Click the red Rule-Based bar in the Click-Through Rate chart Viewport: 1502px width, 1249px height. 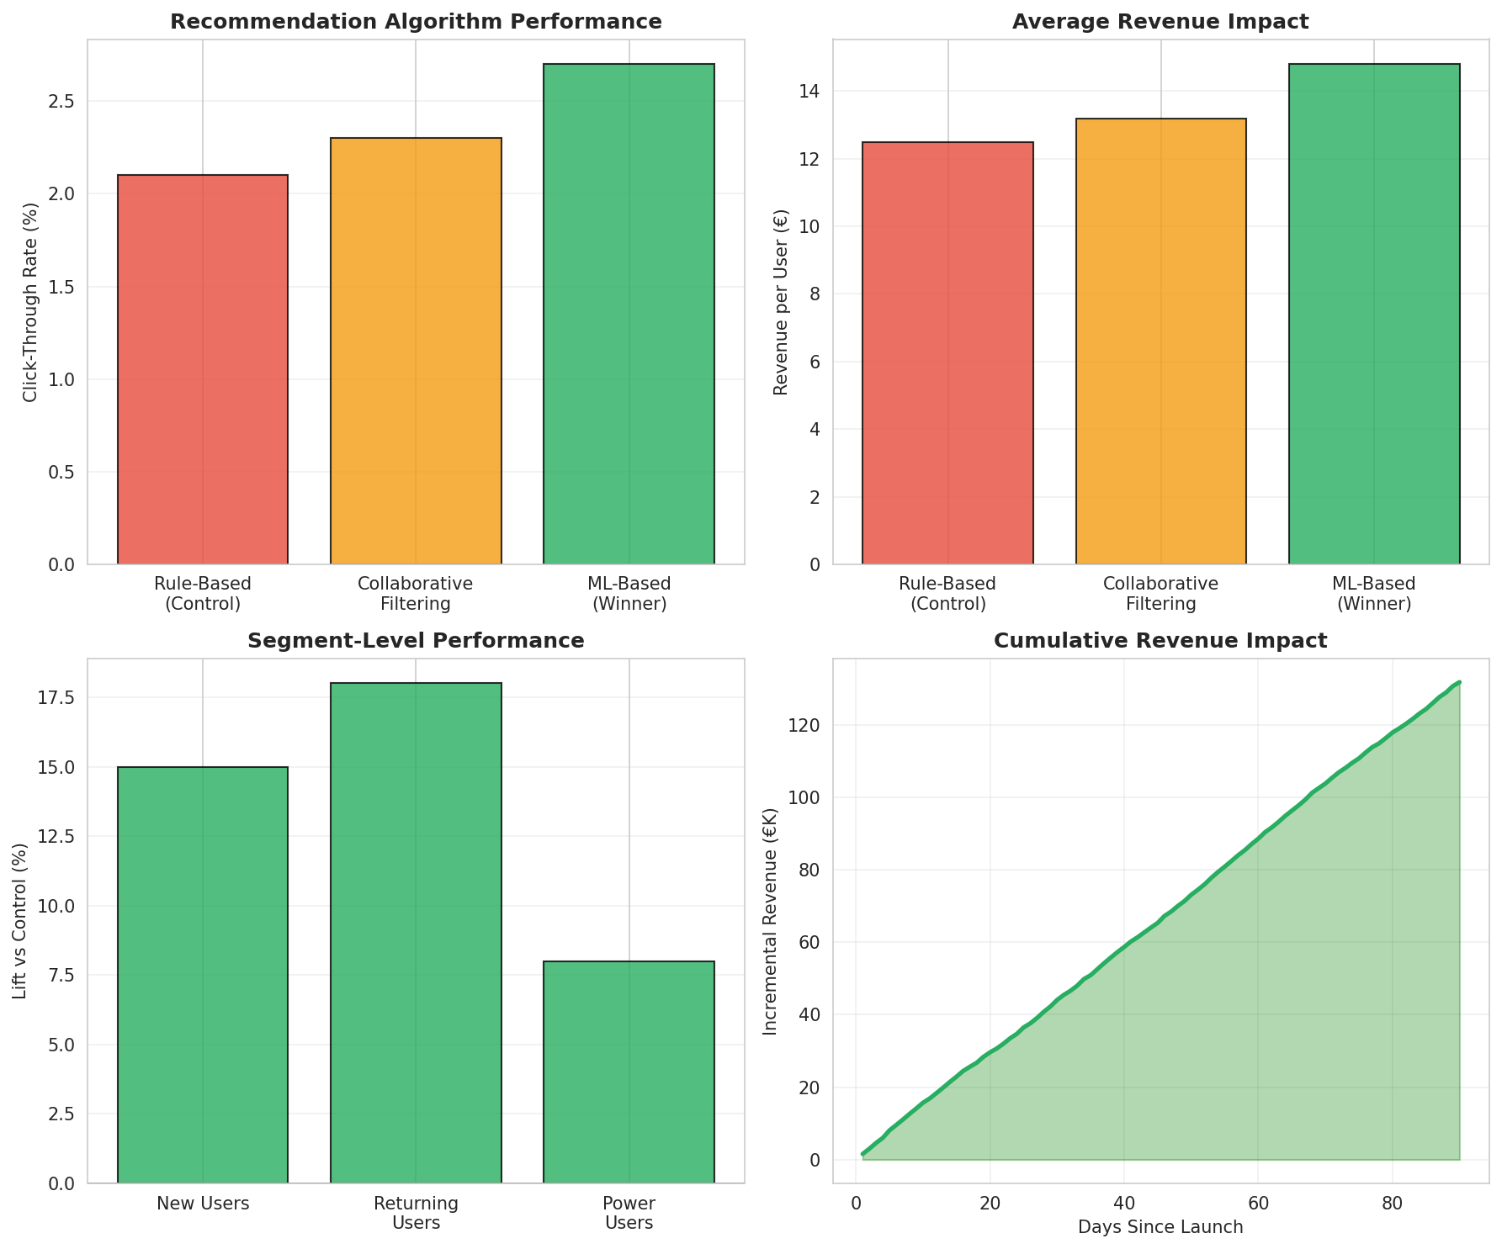(203, 370)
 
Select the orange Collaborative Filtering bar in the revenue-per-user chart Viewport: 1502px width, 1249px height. (1160, 341)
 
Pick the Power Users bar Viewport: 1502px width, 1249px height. (629, 1072)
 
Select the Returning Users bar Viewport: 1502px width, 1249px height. (416, 933)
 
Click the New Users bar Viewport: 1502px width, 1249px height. (203, 975)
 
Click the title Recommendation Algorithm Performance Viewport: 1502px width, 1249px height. (416, 22)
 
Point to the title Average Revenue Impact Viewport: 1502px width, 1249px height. (1160, 22)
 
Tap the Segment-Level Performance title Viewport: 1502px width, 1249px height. (416, 641)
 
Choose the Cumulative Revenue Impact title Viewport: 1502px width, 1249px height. (1160, 641)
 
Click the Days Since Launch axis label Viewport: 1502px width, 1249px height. (1160, 1227)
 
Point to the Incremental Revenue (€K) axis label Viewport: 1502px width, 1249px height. (769, 921)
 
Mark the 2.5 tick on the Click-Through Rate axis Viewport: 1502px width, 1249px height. (62, 102)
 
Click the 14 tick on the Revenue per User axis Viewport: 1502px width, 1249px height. (810, 91)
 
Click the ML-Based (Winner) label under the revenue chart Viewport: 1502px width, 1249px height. (1373, 594)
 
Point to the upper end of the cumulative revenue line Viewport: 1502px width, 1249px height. (1458, 683)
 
